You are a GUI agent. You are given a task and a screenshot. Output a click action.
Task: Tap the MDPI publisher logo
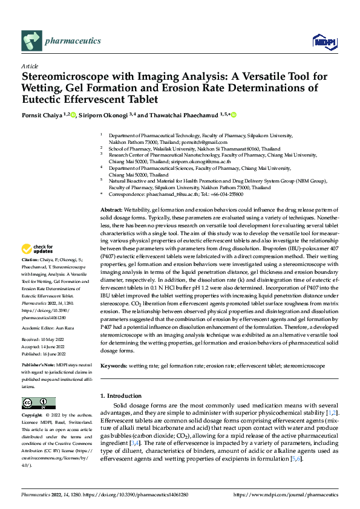324,41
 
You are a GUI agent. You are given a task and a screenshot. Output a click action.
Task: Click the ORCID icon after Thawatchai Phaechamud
234,115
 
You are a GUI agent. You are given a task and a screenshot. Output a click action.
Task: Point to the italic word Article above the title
30,66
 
